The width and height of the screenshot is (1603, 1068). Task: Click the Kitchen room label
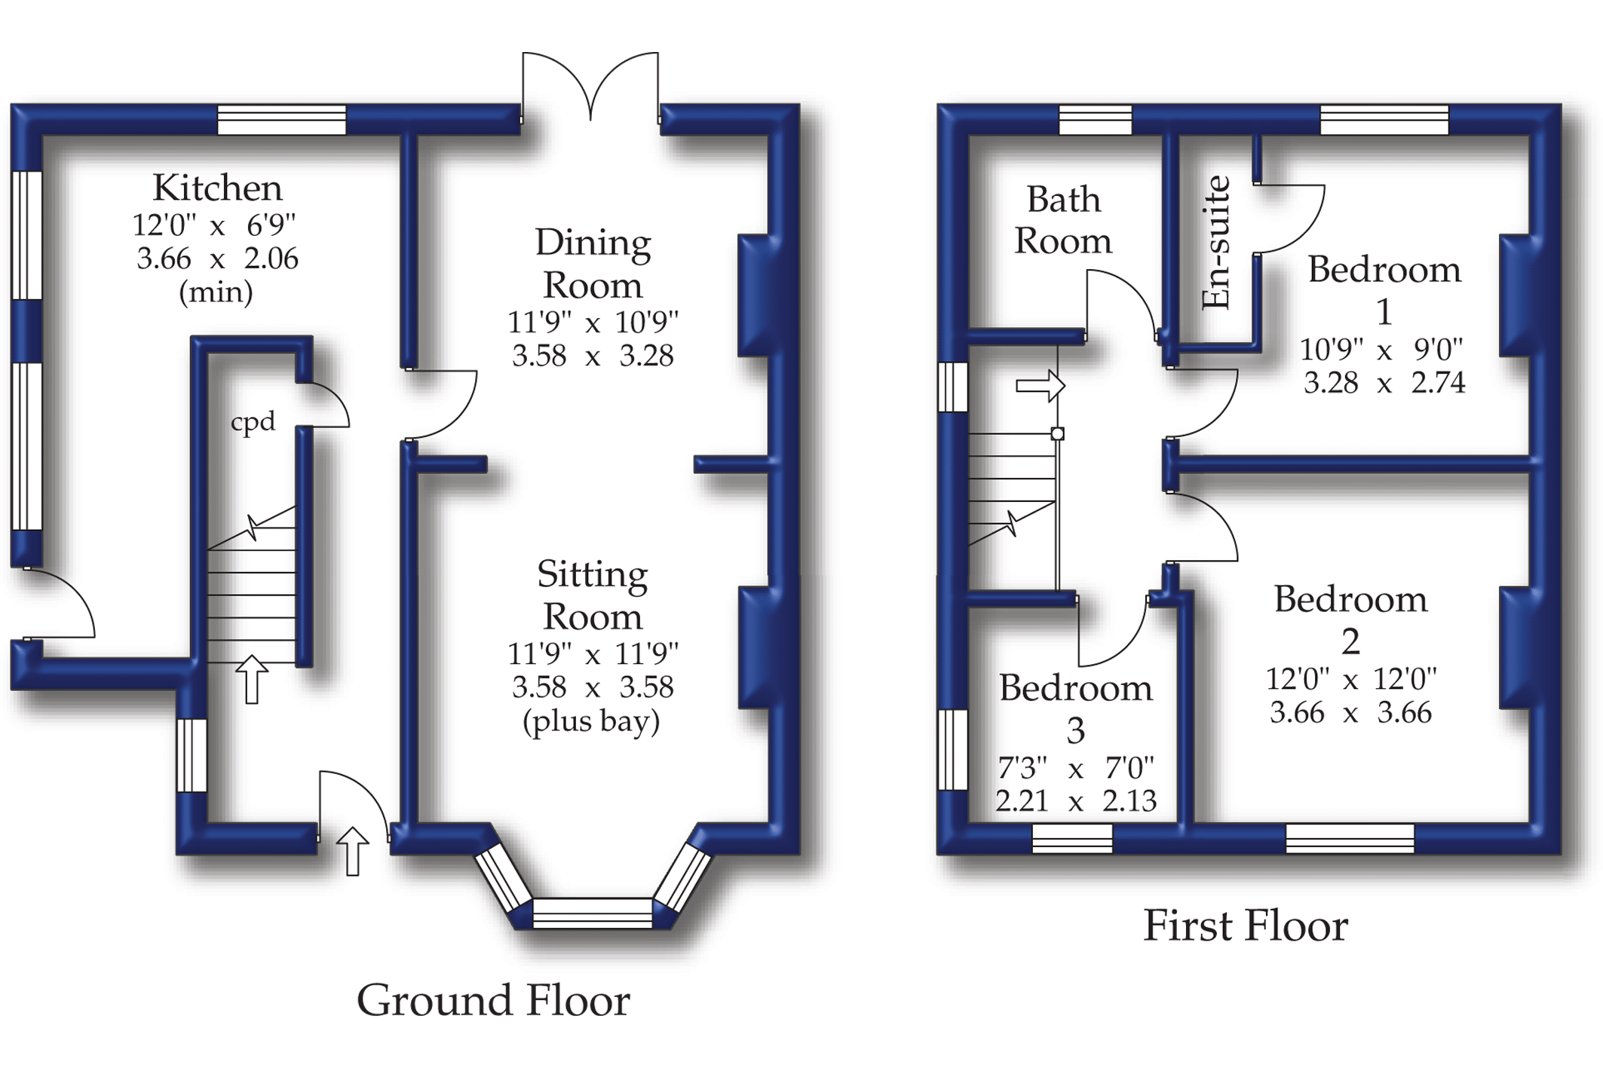[x=217, y=188]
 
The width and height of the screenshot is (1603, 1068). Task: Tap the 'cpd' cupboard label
[x=253, y=421]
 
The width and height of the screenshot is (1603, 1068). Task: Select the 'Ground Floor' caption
[x=493, y=1001]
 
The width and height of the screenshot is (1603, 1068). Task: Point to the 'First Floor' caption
[x=1246, y=926]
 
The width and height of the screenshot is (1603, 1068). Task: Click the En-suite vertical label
[x=1215, y=243]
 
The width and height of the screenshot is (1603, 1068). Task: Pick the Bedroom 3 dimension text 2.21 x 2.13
[x=1076, y=800]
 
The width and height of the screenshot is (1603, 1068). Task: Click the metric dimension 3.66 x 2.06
[x=217, y=259]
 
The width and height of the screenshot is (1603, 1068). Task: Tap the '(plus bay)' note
[x=591, y=721]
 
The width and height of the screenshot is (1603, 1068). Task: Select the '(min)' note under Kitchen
[x=216, y=292]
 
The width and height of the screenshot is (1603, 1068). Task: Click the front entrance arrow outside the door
[x=352, y=851]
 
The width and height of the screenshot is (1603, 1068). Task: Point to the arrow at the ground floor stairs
[x=252, y=678]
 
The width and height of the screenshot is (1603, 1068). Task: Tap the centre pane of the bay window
[x=593, y=913]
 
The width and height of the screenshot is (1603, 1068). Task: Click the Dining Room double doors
[x=590, y=87]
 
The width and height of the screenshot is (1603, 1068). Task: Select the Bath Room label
[x=1063, y=220]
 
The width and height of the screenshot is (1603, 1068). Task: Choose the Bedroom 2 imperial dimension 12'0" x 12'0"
[x=1351, y=679]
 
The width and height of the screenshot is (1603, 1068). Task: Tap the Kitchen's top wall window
[x=282, y=120]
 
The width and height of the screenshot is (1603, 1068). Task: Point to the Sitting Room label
[x=593, y=595]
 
